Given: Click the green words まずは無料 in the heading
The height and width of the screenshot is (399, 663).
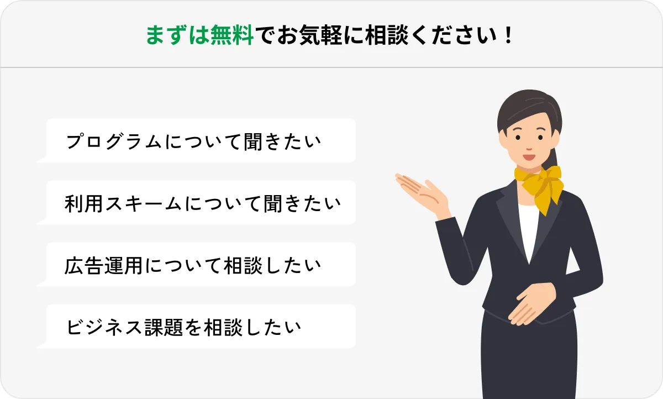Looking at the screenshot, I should pyautogui.click(x=199, y=36).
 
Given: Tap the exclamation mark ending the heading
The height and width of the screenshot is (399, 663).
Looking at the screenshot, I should pyautogui.click(x=509, y=36).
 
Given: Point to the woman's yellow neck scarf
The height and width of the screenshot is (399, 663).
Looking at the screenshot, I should pyautogui.click(x=539, y=182).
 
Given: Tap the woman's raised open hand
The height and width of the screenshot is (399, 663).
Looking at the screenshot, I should pyautogui.click(x=423, y=191).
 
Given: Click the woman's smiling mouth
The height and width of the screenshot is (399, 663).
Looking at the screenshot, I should pyautogui.click(x=529, y=156).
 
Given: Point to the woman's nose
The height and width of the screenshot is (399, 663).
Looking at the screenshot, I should pyautogui.click(x=528, y=145).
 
